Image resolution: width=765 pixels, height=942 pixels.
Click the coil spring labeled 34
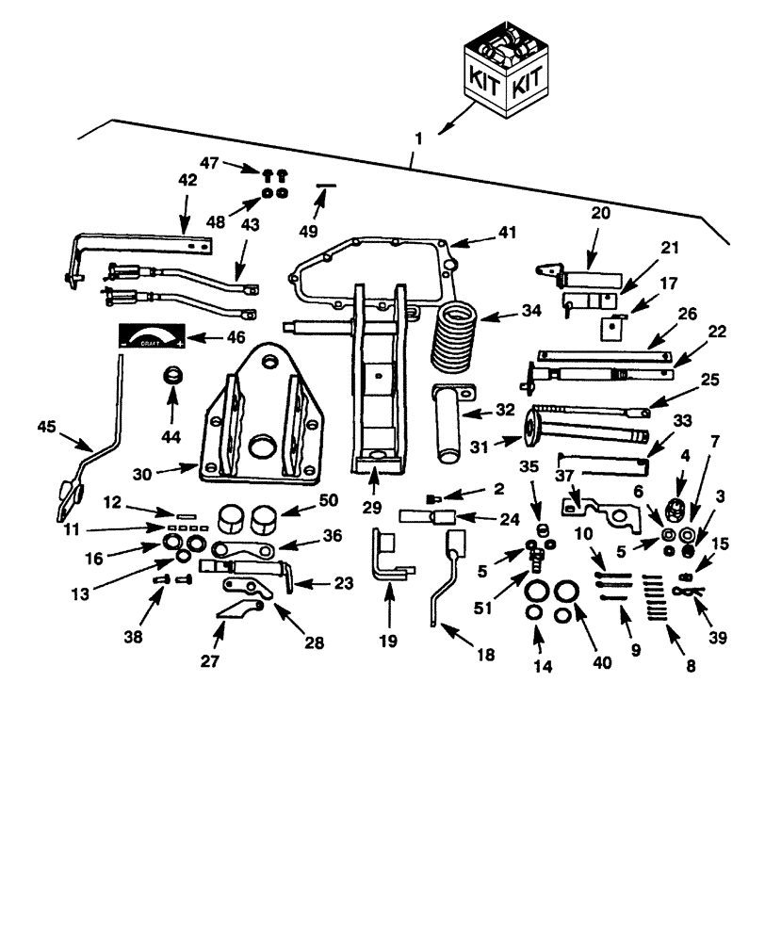(454, 336)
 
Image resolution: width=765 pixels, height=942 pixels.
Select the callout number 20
(600, 213)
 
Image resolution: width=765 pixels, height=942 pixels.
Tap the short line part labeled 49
(325, 187)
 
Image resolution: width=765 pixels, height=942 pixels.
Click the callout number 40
(600, 662)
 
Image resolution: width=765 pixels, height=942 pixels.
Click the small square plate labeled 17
(612, 327)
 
